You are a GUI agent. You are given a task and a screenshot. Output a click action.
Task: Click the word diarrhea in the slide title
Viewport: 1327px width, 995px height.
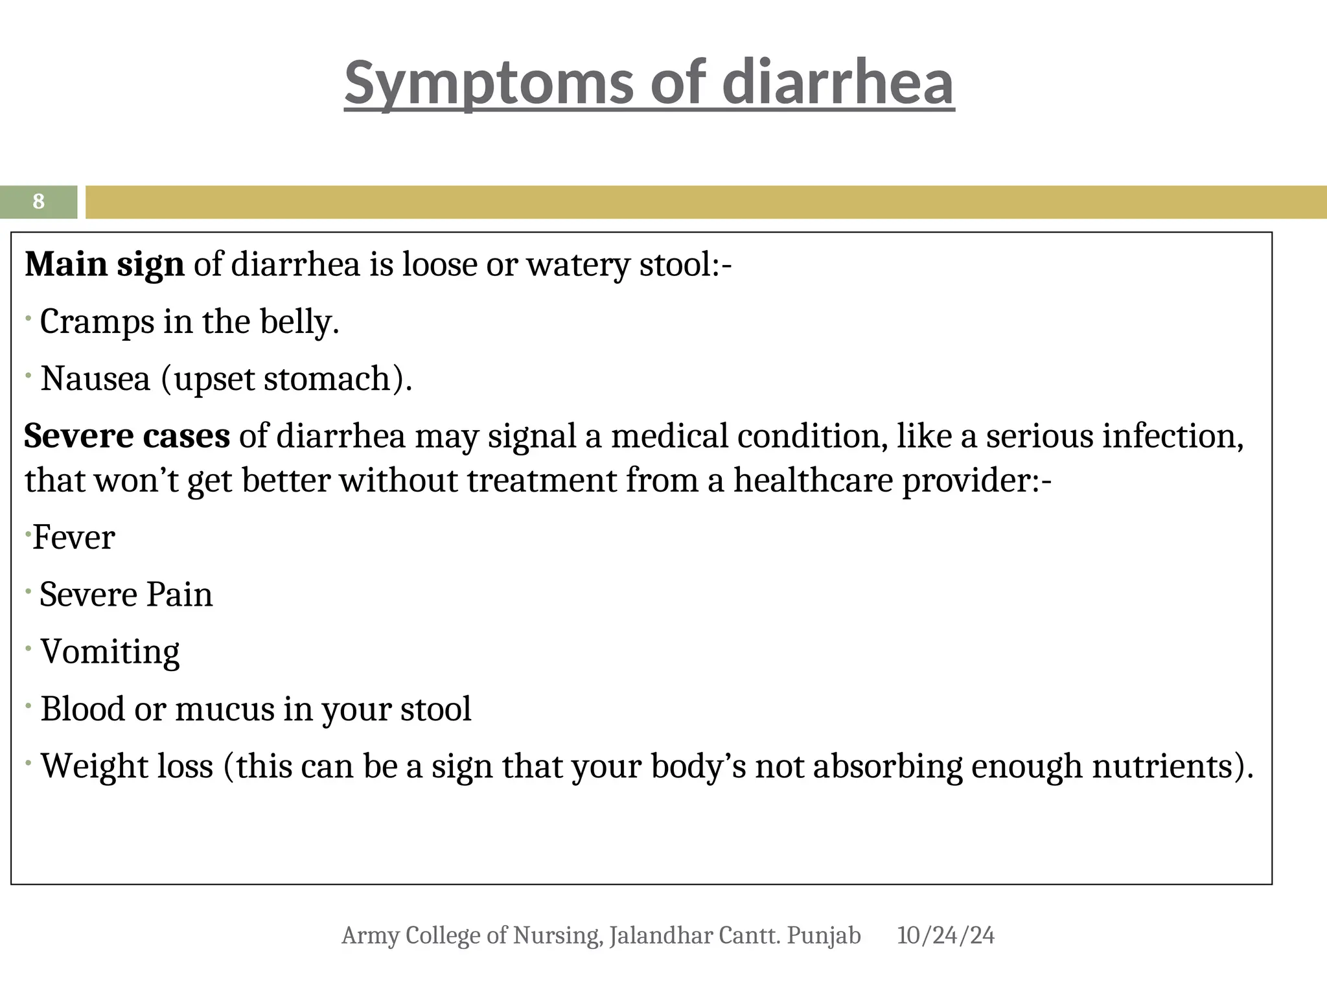(x=837, y=82)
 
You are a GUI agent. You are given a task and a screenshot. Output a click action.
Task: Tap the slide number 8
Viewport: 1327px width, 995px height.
(x=38, y=201)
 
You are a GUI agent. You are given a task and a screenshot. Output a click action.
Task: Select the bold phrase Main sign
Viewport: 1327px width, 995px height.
(x=104, y=264)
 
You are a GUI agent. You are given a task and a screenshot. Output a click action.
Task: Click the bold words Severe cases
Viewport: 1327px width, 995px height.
(x=126, y=435)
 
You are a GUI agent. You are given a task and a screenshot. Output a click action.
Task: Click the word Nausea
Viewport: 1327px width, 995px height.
(x=95, y=379)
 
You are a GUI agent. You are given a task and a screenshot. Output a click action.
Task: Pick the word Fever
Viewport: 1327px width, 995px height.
(x=74, y=538)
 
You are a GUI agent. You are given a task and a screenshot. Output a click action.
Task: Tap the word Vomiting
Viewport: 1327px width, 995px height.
(x=110, y=652)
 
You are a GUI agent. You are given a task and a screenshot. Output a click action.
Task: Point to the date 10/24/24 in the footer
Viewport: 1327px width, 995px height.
(x=945, y=935)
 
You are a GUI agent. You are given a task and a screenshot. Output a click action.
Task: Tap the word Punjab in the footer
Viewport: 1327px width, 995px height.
(x=824, y=935)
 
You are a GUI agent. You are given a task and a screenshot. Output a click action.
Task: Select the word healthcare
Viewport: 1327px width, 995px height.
(x=814, y=481)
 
